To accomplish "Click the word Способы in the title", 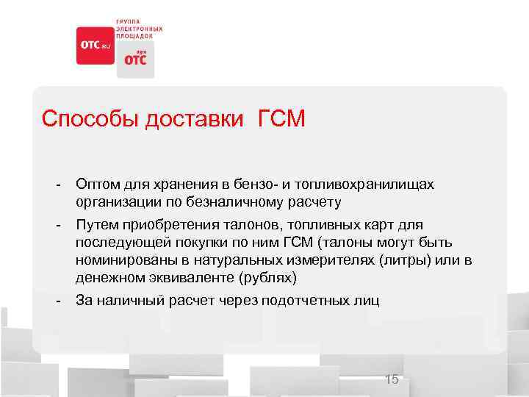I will click(x=89, y=119).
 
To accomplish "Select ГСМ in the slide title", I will click(x=281, y=119).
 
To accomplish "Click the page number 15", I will click(x=392, y=379).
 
